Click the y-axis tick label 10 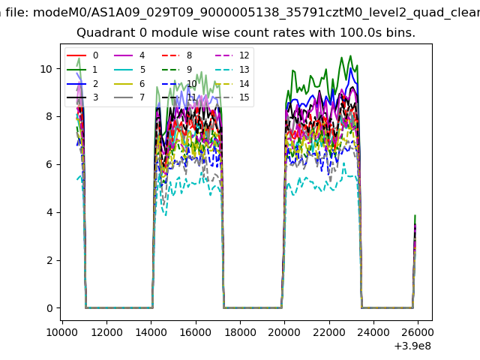coord(46,68)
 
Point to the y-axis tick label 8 coord(49,116)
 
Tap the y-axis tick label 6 coord(49,164)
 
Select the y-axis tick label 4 coord(49,212)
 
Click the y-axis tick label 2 coord(49,260)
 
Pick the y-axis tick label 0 coord(49,308)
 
